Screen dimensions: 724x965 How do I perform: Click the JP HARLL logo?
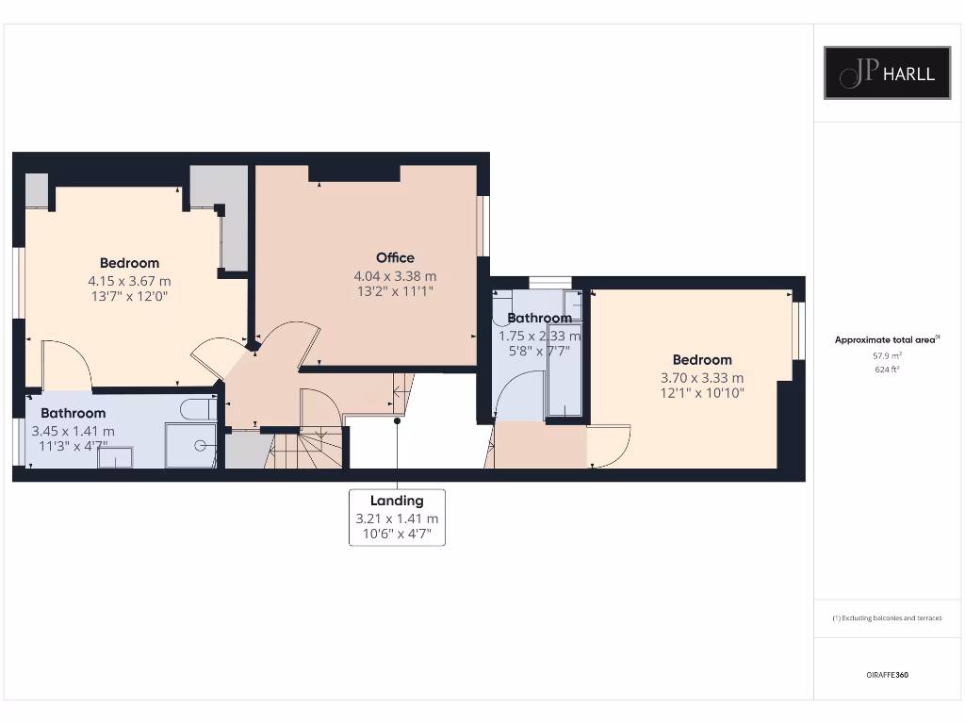coord(887,73)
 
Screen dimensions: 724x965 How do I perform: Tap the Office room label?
coord(395,257)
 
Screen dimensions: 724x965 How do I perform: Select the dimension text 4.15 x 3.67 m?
coord(129,281)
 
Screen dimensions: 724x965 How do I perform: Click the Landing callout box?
coord(397,518)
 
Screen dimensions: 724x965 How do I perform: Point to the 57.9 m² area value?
coord(887,355)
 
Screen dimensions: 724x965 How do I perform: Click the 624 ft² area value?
coord(887,370)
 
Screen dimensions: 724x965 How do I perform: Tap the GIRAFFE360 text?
coord(887,675)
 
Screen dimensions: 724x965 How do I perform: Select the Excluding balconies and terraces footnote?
coord(887,618)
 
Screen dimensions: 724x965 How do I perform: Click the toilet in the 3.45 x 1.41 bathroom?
coord(199,409)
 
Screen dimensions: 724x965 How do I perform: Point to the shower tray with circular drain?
coord(192,445)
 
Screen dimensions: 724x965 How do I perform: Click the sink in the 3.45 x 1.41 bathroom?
coord(115,457)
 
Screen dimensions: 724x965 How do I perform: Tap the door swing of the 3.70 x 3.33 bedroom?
coord(608,446)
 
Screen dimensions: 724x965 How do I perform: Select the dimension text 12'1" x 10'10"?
coord(702,393)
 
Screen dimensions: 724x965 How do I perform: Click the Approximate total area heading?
coord(887,340)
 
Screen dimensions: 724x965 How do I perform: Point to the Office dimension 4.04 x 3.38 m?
coord(395,276)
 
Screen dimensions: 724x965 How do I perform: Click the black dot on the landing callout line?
coord(397,421)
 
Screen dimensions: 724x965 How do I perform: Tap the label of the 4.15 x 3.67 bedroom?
coord(129,263)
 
